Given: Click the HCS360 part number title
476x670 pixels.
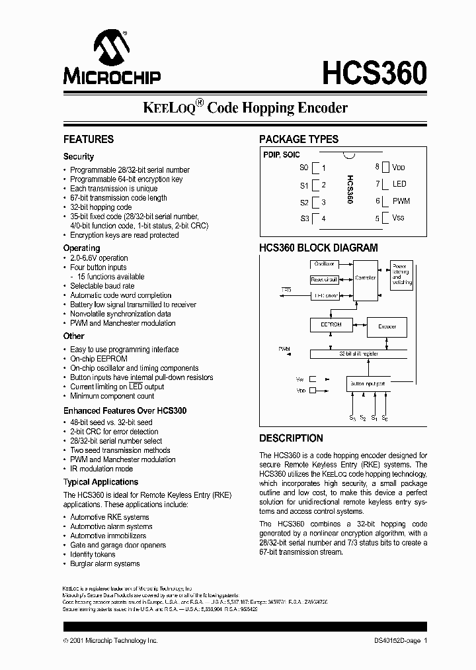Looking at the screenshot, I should pyautogui.click(x=374, y=72).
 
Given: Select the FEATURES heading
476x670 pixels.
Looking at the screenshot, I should pyautogui.click(x=88, y=140).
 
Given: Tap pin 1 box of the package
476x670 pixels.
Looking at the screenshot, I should pyautogui.click(x=317, y=168).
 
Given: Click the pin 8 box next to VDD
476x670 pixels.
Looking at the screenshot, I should pyautogui.click(x=385, y=167).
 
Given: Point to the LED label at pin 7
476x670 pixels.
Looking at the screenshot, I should pyautogui.click(x=399, y=184).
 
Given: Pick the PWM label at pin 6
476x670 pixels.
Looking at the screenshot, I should pyautogui.click(x=401, y=201).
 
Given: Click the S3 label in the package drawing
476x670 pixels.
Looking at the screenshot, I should pyautogui.click(x=304, y=218).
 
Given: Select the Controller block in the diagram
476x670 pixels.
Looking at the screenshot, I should pyautogui.click(x=365, y=277).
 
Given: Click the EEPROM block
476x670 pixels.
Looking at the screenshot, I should pyautogui.click(x=326, y=326).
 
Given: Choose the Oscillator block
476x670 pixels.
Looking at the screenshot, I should pyautogui.click(x=324, y=264).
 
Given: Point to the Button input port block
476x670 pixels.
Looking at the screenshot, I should pyautogui.click(x=367, y=383).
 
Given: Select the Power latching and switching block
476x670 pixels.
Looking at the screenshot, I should pyautogui.click(x=401, y=273).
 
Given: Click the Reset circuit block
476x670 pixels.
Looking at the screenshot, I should pyautogui.click(x=324, y=280).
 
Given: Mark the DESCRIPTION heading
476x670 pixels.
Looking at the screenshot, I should pyautogui.click(x=291, y=438).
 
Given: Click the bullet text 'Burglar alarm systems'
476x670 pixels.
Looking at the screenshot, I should pyautogui.click(x=105, y=564).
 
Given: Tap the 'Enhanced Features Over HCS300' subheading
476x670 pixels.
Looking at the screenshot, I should pyautogui.click(x=125, y=410).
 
